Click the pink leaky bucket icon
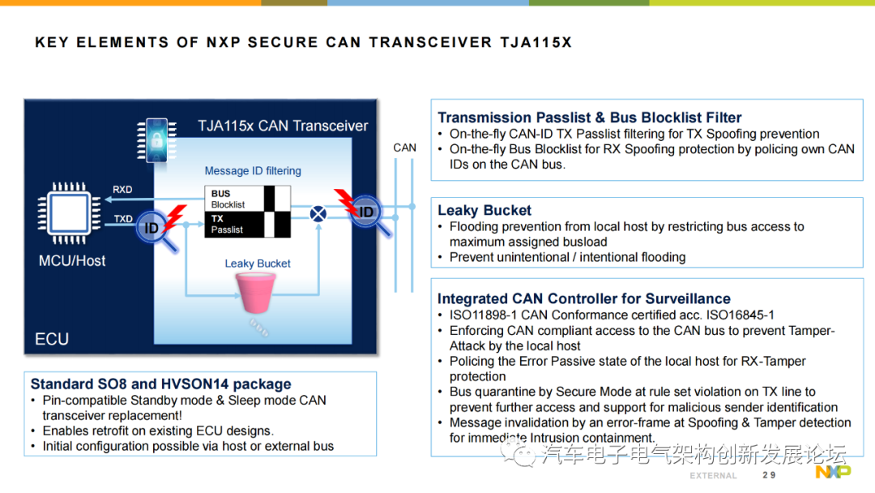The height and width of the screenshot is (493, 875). point(255,292)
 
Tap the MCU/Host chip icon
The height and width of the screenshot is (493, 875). point(69,213)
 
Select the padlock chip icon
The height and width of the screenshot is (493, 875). point(157,139)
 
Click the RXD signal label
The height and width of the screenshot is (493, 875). point(122,190)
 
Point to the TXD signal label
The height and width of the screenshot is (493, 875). point(123,219)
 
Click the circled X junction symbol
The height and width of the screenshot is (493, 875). point(318,213)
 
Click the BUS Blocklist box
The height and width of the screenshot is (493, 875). point(247,199)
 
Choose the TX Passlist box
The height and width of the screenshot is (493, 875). point(247,225)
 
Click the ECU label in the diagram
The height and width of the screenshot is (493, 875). point(52,339)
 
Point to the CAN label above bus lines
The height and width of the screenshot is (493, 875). point(404,148)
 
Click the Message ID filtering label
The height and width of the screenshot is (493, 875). point(253,171)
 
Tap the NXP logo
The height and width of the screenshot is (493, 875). point(833,472)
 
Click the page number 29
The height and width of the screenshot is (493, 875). point(769,475)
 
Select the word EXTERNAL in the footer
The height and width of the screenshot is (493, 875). point(713,476)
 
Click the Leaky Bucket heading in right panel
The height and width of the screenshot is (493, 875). point(484,211)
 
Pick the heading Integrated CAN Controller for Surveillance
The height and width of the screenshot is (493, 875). point(583,298)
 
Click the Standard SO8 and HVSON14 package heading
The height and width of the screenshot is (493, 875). point(160,384)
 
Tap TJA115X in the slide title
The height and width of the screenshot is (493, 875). point(536,42)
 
